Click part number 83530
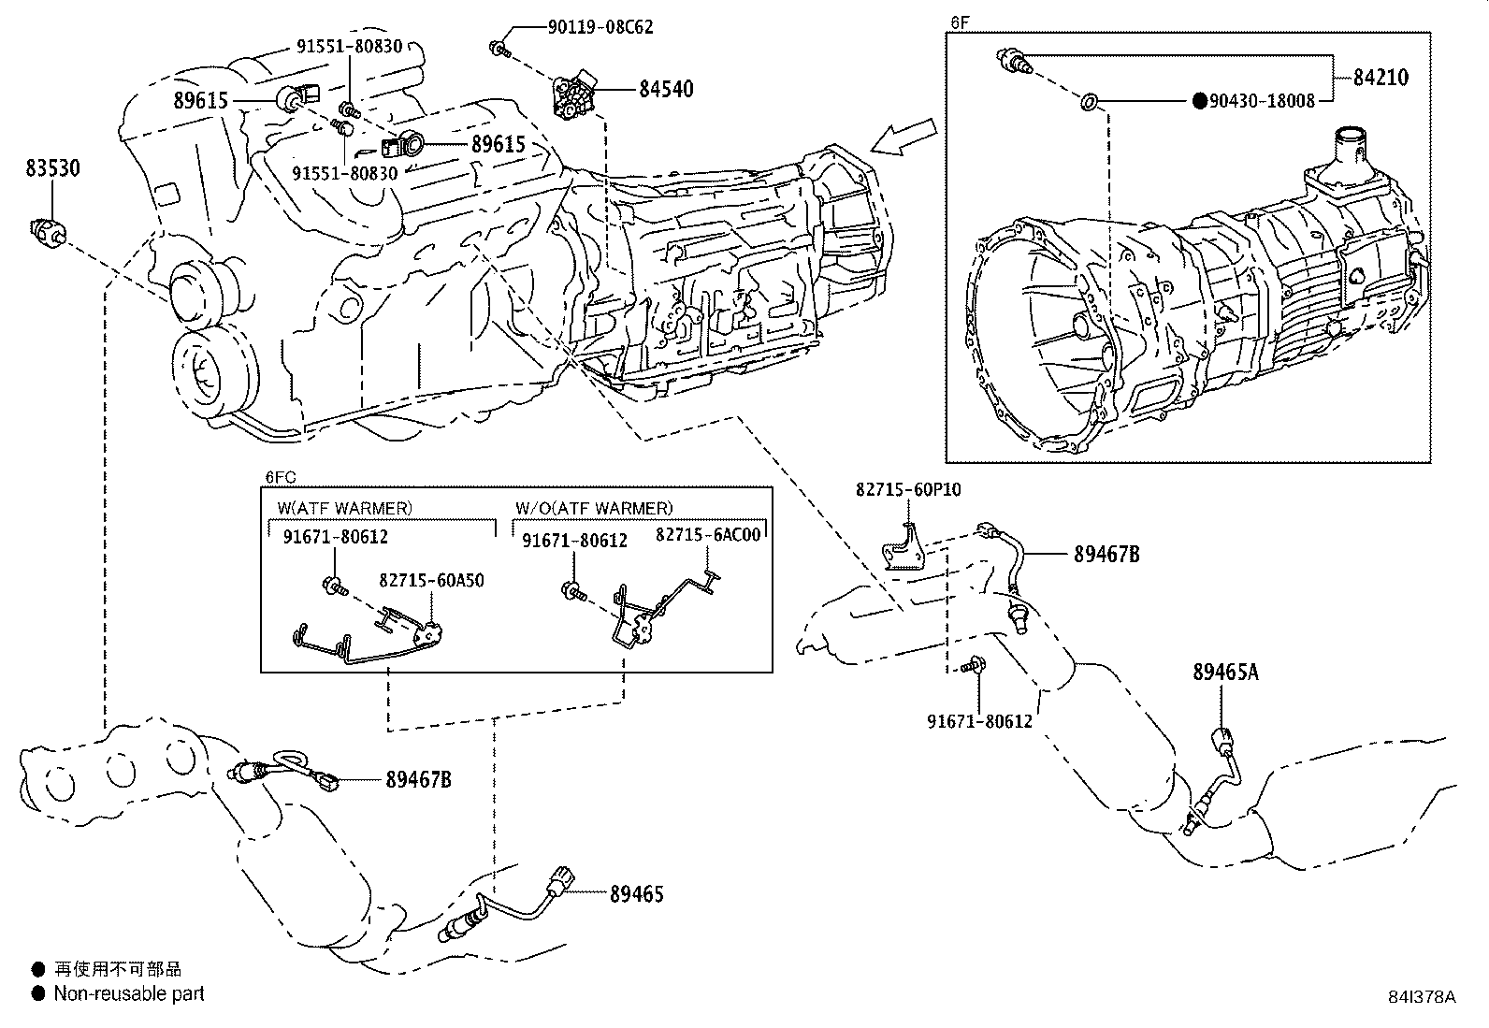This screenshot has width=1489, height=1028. click(x=52, y=168)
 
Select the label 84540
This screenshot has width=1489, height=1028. click(x=666, y=90)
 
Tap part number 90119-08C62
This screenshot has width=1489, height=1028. click(x=600, y=27)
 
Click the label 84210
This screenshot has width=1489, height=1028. click(x=1380, y=78)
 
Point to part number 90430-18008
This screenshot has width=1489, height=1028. click(x=1262, y=101)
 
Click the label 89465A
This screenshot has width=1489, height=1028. click(x=1225, y=672)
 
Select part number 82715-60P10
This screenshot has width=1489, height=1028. click(x=908, y=489)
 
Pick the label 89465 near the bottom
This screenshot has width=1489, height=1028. click(x=636, y=894)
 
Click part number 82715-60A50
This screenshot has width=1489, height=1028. click(x=431, y=580)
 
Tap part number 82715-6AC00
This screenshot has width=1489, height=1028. click(x=708, y=534)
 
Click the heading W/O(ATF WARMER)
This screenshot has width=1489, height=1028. click(x=593, y=508)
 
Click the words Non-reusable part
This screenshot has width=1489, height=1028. click(x=129, y=993)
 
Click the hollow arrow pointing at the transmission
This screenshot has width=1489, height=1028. click(x=903, y=137)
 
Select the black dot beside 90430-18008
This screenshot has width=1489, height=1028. click(x=1198, y=101)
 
